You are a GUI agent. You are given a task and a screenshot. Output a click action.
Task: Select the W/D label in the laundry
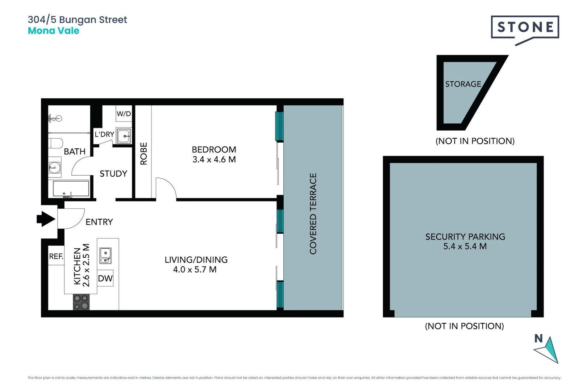point(124,114)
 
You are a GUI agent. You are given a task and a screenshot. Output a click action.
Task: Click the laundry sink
point(124,136)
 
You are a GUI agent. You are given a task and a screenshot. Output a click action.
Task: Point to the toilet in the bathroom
point(56,143)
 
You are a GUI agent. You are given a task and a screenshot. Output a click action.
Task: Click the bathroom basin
point(55,168)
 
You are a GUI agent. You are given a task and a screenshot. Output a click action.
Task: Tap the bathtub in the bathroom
point(71,189)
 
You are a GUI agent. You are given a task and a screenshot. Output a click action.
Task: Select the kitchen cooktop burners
point(81,302)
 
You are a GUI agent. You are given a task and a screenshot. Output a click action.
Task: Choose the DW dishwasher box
point(105,278)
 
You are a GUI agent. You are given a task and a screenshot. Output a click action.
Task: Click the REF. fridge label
point(56,256)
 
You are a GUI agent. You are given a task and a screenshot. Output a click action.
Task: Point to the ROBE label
point(143,154)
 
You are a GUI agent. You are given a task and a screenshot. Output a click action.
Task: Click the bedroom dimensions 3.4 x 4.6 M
point(214,160)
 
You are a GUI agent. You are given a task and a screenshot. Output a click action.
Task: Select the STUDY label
point(113,173)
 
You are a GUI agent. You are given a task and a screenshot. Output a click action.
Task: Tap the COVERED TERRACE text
point(313,213)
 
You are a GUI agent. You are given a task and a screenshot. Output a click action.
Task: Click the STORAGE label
point(463,84)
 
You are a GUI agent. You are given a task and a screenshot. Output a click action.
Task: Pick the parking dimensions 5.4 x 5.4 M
point(465,246)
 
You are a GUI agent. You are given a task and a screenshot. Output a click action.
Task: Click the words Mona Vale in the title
point(54,31)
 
